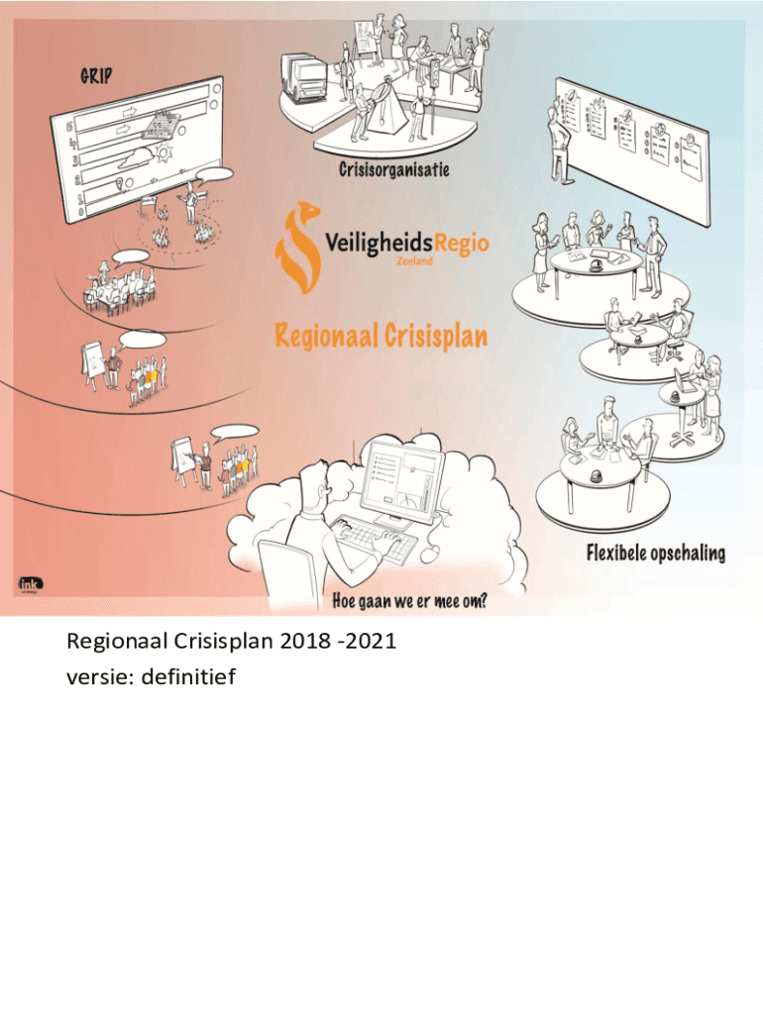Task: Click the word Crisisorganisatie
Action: coord(393,169)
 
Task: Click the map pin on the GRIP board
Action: coord(120,185)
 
